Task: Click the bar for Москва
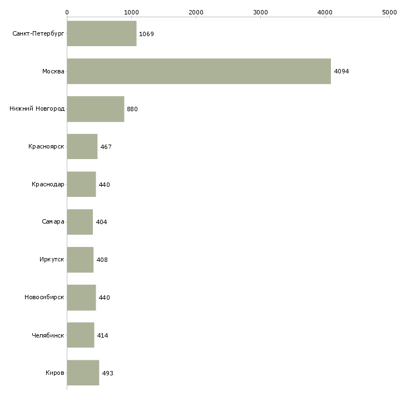199,71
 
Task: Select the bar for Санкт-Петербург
101,34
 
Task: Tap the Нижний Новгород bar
95,109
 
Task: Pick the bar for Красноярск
82,147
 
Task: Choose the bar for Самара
80,222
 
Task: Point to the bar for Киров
83,373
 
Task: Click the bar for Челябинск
80,335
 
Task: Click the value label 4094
341,72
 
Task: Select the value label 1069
146,34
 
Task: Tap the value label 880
132,110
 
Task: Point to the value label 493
107,373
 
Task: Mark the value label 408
102,260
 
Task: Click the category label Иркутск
52,260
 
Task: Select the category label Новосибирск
44,298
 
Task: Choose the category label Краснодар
48,185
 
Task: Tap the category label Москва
53,72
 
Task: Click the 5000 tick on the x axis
389,12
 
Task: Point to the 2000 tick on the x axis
196,12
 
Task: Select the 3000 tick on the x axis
260,12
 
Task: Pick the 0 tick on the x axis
67,12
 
